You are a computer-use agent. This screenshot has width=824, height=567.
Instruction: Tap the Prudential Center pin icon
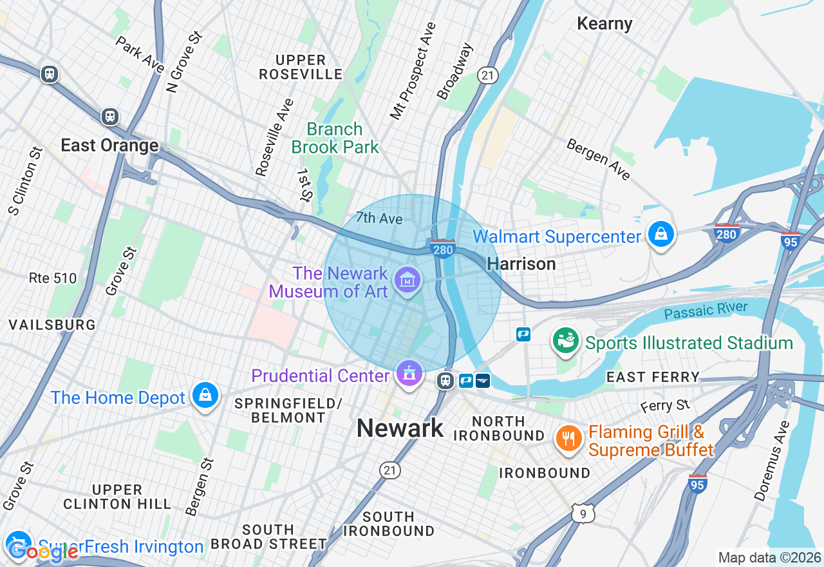click(x=409, y=373)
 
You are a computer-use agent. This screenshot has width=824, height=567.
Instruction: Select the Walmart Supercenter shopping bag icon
click(x=660, y=235)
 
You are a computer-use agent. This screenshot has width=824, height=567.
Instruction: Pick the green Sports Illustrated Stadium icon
click(x=566, y=341)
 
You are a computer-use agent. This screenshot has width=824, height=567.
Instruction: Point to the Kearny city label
click(x=604, y=24)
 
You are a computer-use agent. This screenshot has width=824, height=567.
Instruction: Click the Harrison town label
click(x=521, y=264)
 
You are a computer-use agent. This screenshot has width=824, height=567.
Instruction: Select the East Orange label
click(x=109, y=146)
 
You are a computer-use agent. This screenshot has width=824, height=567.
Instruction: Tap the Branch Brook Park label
click(x=335, y=138)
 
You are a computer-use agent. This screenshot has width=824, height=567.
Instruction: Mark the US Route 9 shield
click(x=581, y=513)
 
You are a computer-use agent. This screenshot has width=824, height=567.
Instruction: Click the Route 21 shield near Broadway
click(x=488, y=75)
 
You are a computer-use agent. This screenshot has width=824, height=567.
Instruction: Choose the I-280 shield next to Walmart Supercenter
click(x=726, y=233)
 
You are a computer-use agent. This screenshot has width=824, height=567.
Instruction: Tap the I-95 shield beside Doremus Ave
click(x=697, y=483)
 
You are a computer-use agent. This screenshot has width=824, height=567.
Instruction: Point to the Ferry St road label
click(x=665, y=406)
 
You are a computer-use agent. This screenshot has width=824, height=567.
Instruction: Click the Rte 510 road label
click(x=53, y=278)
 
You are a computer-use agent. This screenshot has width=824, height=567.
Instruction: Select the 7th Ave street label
click(x=379, y=218)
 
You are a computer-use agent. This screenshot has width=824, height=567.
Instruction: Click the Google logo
click(x=42, y=551)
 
